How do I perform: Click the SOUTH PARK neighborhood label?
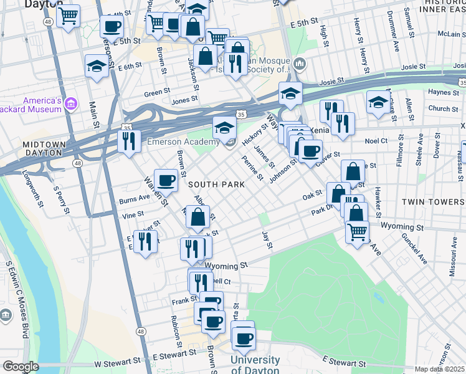coord(214,185)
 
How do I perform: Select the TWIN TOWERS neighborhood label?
coord(433,202)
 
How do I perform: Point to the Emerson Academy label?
coord(178,142)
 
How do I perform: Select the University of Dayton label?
coord(255,365)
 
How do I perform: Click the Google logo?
coord(21,367)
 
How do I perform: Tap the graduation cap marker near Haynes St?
coord(378,101)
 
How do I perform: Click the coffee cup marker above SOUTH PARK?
coord(166,181)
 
